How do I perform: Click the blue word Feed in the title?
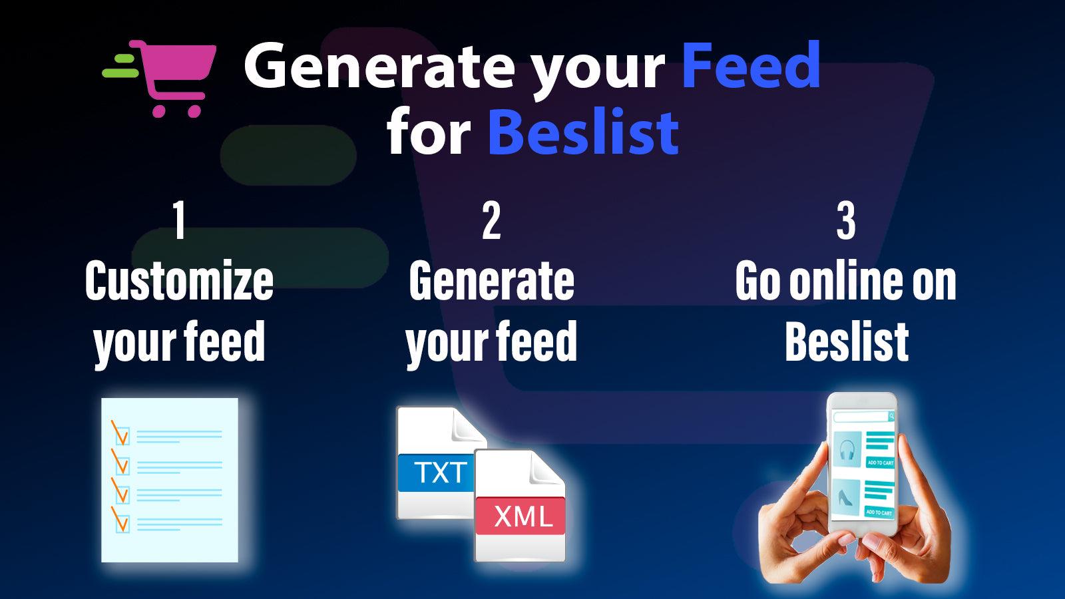(x=751, y=65)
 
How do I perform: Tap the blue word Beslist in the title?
(x=583, y=132)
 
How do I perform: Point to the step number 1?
(x=179, y=221)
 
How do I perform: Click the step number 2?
(x=491, y=221)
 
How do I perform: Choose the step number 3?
(x=846, y=221)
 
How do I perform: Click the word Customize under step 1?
(x=179, y=281)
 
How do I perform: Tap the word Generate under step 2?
(x=491, y=281)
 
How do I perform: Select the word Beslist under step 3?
(x=847, y=342)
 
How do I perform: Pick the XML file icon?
(x=521, y=506)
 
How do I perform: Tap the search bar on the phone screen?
(x=863, y=417)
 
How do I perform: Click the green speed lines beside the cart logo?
(x=121, y=65)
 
